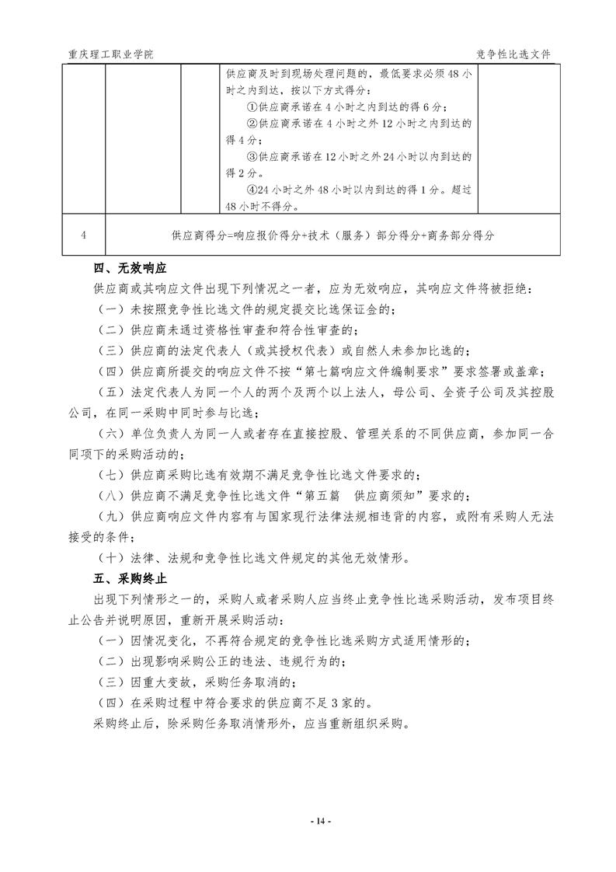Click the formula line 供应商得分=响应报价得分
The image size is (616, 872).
[x=333, y=235]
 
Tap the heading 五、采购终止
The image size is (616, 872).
[x=131, y=580]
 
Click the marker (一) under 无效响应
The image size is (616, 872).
[x=110, y=310]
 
